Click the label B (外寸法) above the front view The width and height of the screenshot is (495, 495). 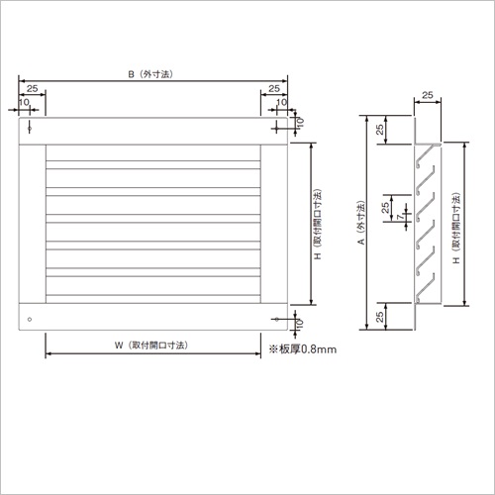150,74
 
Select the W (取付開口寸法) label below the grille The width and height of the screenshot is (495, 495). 151,346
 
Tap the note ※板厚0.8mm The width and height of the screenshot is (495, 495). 303,349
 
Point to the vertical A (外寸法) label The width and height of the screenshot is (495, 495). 361,223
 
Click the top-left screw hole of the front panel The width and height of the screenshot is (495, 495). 30,128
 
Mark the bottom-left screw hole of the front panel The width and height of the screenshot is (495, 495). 30,319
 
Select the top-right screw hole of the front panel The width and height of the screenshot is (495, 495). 276,128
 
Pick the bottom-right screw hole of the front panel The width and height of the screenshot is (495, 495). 276,319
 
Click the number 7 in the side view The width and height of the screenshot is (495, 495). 400,217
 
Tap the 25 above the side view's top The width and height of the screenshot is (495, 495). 428,95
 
